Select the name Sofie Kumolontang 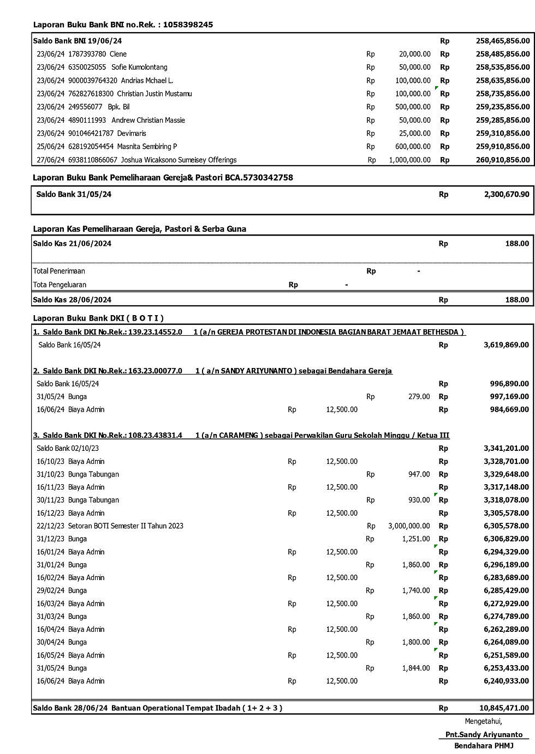coord(139,67)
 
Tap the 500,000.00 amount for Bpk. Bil coord(413,107)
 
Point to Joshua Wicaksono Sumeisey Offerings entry coord(179,160)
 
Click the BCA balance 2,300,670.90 coord(506,194)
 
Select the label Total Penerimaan coord(59,271)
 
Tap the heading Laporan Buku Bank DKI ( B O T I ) coord(98,318)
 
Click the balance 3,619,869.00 coord(506,345)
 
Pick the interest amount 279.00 coord(419,396)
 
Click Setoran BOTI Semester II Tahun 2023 coord(126,526)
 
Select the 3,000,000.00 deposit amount coord(409,526)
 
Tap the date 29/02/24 coord(50,590)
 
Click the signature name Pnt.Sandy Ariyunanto coord(484,734)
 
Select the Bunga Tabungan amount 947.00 coord(419,474)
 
